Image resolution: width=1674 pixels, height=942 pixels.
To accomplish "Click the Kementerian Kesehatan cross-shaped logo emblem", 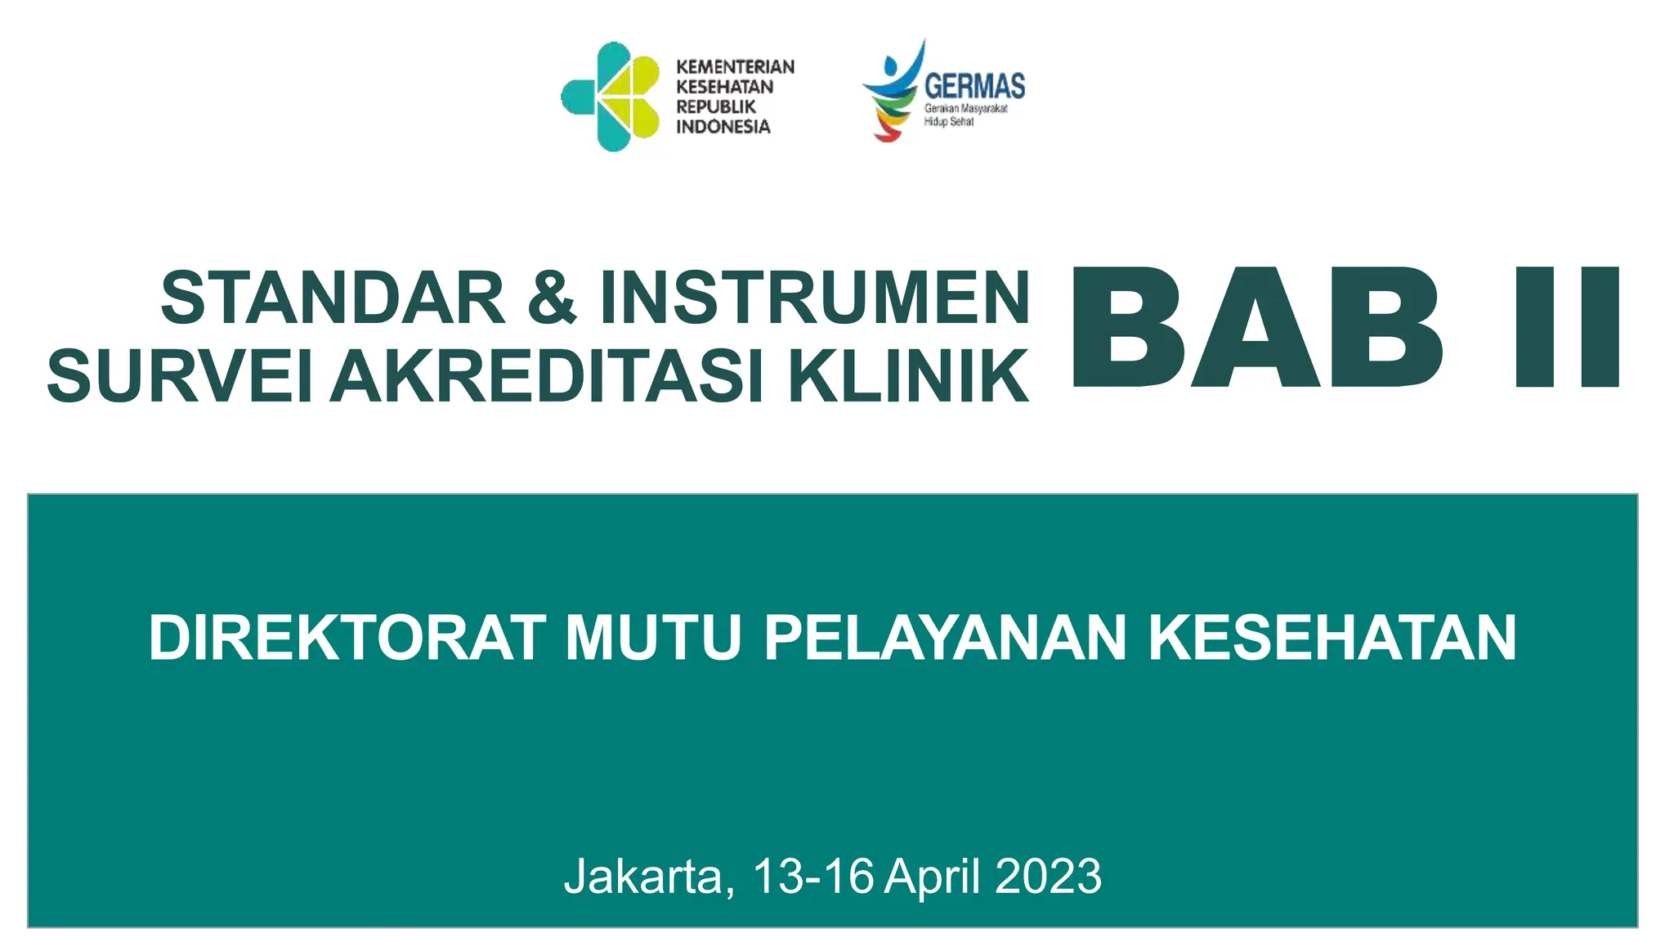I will [611, 96].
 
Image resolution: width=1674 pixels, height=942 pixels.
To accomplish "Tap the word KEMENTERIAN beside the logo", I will [735, 67].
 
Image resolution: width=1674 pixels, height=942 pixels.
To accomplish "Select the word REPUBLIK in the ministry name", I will [715, 107].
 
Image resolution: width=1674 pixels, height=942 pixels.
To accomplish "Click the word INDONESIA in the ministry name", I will [723, 127].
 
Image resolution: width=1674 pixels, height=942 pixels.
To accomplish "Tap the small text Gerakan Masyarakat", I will [965, 109].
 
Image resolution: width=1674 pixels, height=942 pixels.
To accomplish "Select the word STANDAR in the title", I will [333, 298].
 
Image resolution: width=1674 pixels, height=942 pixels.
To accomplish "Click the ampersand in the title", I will [553, 298].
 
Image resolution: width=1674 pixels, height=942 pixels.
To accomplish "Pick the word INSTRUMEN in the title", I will [815, 298].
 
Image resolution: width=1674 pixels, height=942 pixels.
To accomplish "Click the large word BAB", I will [1257, 328].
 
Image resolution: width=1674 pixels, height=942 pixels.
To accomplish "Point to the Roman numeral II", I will [1567, 328].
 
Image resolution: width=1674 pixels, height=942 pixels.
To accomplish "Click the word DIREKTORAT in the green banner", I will [347, 638].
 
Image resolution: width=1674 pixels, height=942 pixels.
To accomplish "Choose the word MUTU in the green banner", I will [654, 638].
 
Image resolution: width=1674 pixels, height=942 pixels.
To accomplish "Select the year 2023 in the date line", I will [1049, 877].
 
